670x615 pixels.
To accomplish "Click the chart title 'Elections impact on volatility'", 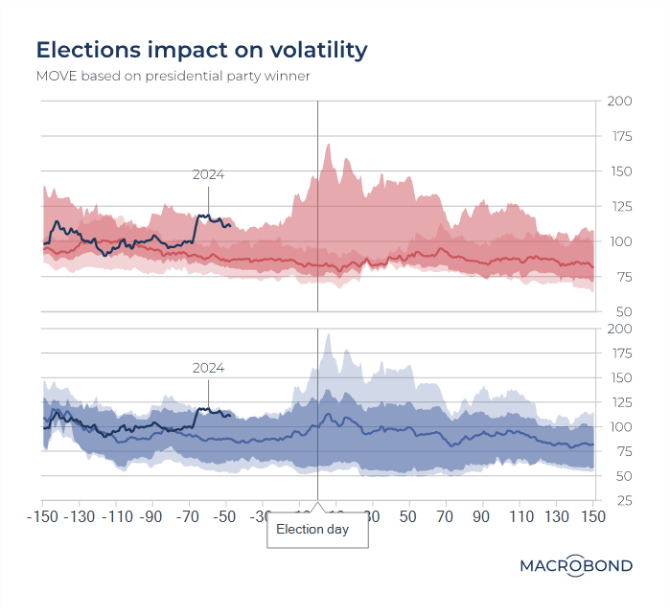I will [x=201, y=50].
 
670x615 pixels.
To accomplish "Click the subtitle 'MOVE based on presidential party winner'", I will [x=173, y=76].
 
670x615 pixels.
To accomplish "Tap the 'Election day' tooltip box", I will [x=317, y=529].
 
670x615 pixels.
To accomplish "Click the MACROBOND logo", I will [x=576, y=565].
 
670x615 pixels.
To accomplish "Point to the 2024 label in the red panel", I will [x=208, y=174].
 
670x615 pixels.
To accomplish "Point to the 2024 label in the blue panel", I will [x=208, y=367].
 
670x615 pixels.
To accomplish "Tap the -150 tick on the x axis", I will [x=42, y=516].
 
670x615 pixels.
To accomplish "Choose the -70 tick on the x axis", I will [x=189, y=516].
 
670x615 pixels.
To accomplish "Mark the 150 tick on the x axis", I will [x=593, y=516].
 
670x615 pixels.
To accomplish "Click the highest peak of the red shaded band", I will [x=329, y=145].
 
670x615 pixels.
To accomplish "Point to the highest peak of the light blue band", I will [x=329, y=334].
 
